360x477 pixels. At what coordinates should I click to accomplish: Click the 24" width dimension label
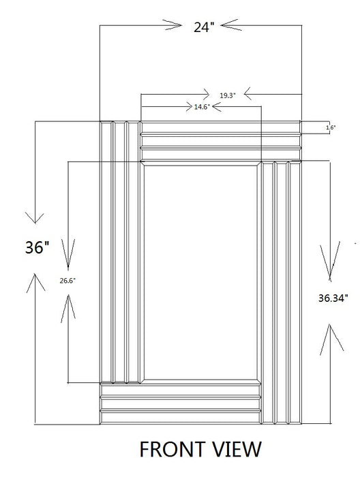(202, 27)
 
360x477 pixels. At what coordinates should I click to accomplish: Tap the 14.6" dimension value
(202, 107)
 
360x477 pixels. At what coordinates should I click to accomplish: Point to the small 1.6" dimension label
(330, 127)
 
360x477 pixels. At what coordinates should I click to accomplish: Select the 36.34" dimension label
(333, 297)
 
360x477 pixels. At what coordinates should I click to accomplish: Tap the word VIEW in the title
(235, 449)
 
